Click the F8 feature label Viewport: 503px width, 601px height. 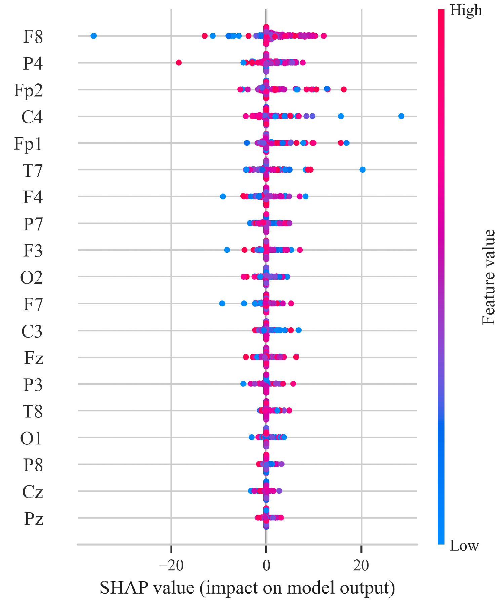pos(33,36)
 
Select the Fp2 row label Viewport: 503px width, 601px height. pos(28,90)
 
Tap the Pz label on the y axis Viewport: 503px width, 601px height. pos(34,519)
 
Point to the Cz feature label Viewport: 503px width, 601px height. pos(33,492)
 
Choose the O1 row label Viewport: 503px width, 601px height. pos(31,438)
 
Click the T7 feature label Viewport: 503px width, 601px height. pos(33,170)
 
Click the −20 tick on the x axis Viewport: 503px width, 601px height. pos(171,565)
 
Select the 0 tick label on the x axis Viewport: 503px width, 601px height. pos(266,565)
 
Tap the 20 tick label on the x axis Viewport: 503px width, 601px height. pos(361,565)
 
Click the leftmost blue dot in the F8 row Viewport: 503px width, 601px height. pos(94,36)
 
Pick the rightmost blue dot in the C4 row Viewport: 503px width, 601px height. pos(401,116)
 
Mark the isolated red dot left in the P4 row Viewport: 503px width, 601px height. pos(179,63)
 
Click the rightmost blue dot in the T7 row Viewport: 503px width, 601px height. pos(362,170)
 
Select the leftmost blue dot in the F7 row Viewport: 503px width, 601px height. pos(222,304)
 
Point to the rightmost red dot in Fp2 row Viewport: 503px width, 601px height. pos(344,89)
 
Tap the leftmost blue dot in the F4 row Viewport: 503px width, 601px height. pos(223,196)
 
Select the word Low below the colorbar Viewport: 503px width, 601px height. pos(464,546)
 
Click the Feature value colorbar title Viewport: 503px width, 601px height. pos(489,277)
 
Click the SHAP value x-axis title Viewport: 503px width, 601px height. pos(247,588)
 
